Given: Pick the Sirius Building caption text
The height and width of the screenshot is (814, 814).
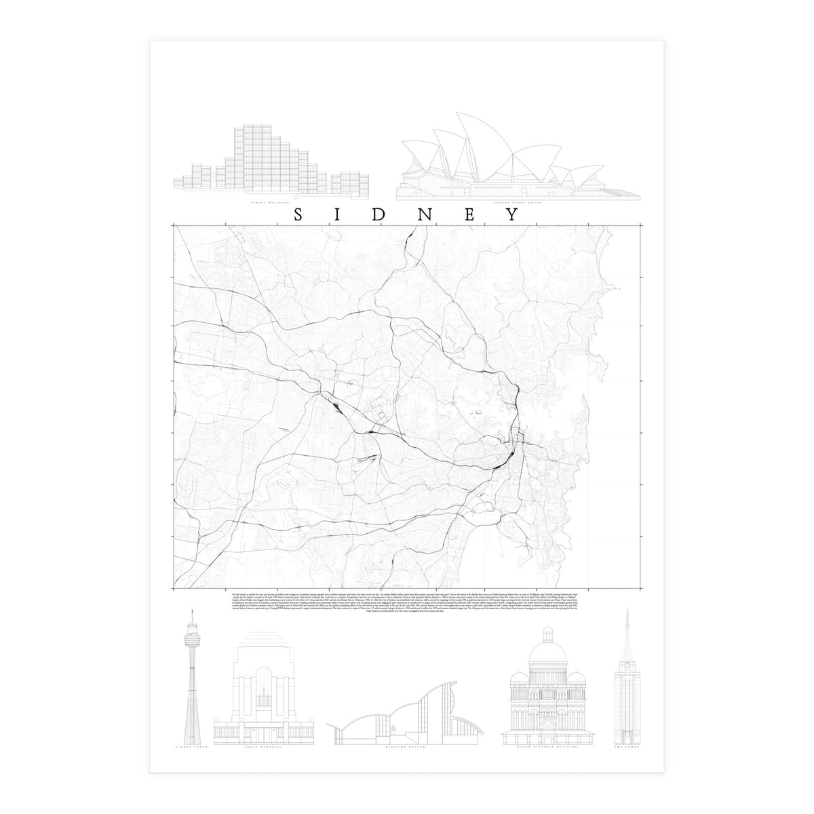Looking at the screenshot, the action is click(x=271, y=203).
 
